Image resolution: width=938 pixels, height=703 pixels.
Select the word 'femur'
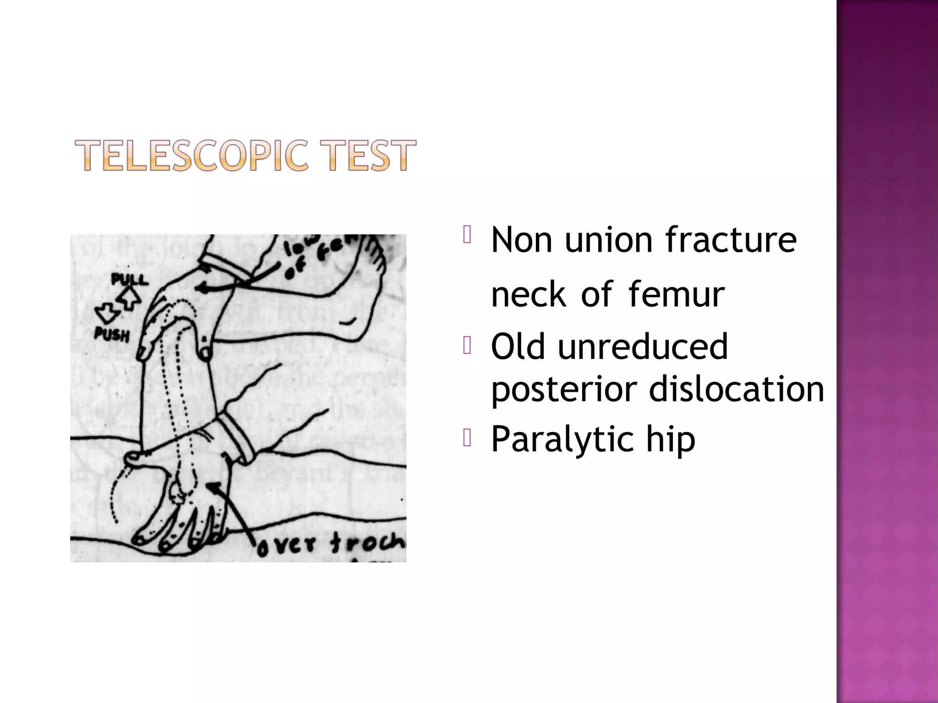tap(676, 294)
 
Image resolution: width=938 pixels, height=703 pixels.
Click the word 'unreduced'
tap(643, 346)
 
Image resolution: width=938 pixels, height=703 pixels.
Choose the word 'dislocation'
tap(736, 389)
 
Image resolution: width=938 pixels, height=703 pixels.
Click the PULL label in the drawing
tap(130, 279)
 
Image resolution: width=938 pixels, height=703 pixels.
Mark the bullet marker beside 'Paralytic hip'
tap(467, 438)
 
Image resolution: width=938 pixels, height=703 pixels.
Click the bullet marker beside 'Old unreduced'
tap(467, 346)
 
